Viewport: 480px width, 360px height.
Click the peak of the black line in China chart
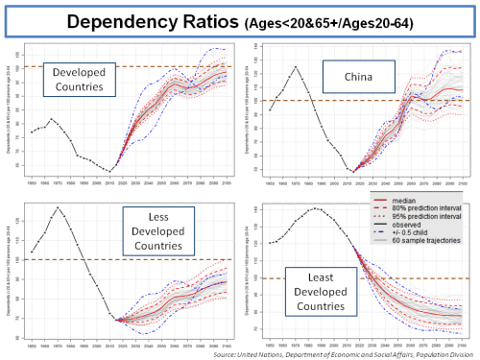tap(296, 66)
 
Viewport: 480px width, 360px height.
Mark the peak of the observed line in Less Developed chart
tap(57, 207)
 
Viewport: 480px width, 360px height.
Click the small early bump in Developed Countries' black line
tap(52, 119)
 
